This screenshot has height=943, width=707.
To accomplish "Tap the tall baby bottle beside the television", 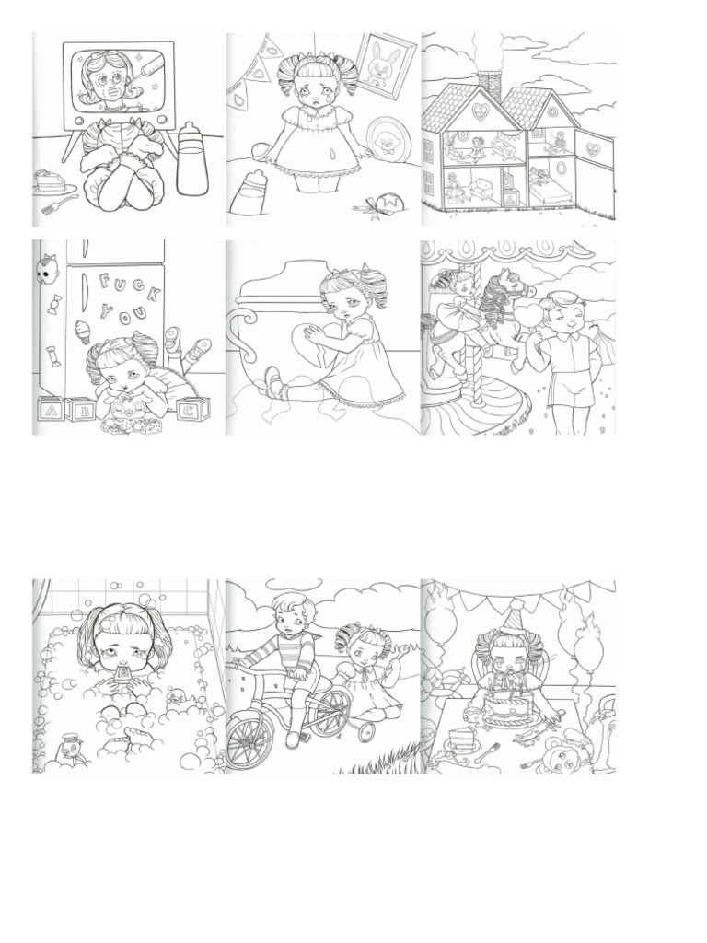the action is (192, 158).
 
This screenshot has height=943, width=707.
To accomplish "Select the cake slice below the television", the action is (52, 180).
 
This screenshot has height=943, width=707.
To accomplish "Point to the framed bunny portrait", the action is (385, 65).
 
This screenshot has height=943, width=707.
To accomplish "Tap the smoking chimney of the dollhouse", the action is (491, 87).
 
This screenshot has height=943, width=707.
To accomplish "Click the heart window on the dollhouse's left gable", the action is (479, 111).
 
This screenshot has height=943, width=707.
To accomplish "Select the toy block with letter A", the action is (52, 412).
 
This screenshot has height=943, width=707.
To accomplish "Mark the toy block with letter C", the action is (192, 410).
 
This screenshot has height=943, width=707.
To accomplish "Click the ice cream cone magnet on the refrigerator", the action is (82, 331).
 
